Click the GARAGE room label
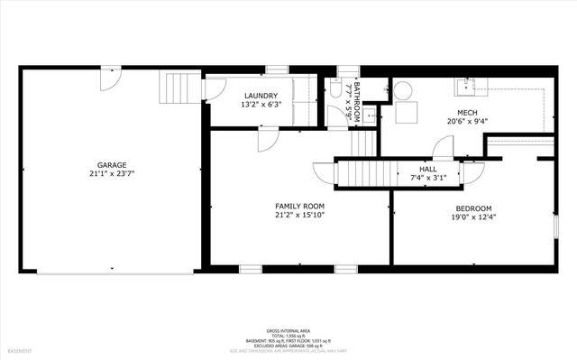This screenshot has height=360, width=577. pyautogui.click(x=112, y=165)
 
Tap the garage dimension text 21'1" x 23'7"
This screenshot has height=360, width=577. pyautogui.click(x=112, y=174)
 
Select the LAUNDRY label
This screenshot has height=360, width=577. pyautogui.click(x=261, y=96)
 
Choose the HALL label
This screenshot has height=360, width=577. pyautogui.click(x=428, y=169)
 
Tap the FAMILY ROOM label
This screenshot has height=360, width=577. pyautogui.click(x=299, y=207)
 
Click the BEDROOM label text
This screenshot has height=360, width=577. pyautogui.click(x=472, y=207)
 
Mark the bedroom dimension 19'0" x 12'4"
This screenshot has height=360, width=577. pyautogui.click(x=472, y=216)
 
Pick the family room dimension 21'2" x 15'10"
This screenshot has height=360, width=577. pyautogui.click(x=299, y=216)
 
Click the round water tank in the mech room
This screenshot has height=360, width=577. pyautogui.click(x=403, y=90)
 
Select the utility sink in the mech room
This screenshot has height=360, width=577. pyautogui.click(x=466, y=87)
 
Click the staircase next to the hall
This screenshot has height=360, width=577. pyautogui.click(x=365, y=172)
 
